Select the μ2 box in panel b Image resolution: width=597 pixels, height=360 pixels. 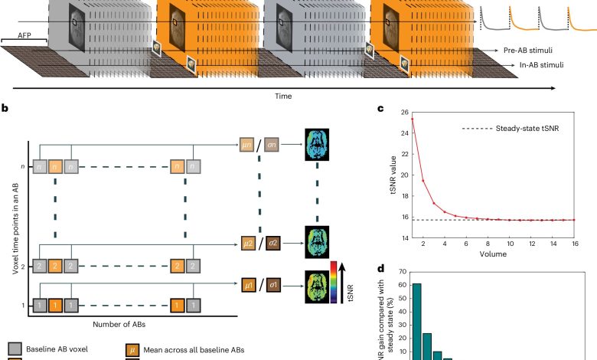point(247,243)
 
